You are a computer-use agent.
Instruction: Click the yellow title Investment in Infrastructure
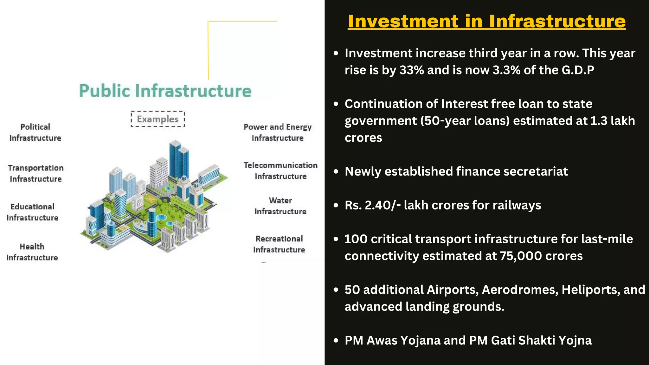click(486, 21)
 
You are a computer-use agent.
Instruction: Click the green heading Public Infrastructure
click(165, 91)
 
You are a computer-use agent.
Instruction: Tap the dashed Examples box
click(158, 119)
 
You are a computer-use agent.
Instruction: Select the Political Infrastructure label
click(35, 132)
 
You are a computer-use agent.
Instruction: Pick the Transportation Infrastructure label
click(35, 173)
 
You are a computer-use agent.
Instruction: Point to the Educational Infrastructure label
click(32, 212)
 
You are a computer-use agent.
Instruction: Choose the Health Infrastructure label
click(32, 252)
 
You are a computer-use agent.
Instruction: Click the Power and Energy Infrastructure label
click(278, 132)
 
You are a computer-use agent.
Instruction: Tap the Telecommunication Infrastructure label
click(280, 171)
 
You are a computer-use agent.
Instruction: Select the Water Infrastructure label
click(280, 206)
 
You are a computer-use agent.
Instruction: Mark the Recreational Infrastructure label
click(279, 244)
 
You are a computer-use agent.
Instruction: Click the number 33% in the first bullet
click(412, 70)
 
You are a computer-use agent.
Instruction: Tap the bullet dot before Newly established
click(336, 171)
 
